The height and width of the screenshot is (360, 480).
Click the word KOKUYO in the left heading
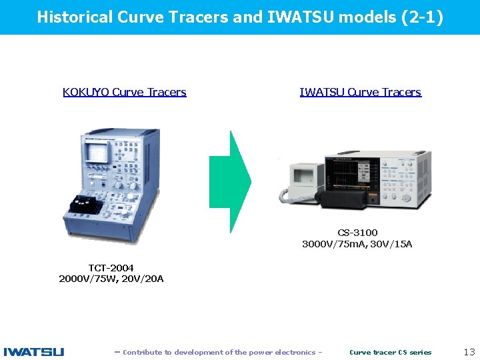[x=86, y=93]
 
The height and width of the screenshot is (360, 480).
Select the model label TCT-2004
[x=111, y=267]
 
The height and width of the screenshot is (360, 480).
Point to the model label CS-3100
[x=357, y=233]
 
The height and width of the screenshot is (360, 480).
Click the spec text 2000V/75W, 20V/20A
[x=111, y=279]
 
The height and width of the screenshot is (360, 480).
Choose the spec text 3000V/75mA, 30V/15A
[x=357, y=244]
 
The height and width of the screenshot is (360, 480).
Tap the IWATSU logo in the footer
[x=34, y=351]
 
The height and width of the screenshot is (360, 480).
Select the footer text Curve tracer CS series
[x=390, y=352]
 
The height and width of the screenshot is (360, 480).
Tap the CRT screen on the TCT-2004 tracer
[x=99, y=151]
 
